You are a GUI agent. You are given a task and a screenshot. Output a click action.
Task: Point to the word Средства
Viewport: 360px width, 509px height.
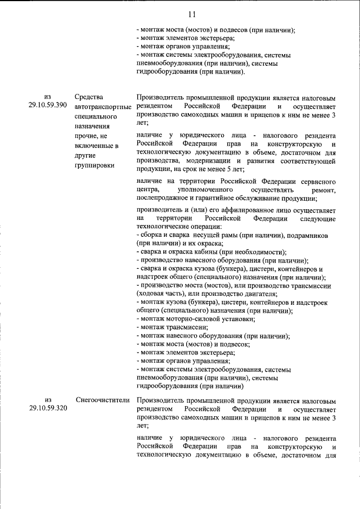(88, 97)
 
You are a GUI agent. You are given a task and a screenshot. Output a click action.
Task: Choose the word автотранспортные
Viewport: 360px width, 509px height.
(102, 106)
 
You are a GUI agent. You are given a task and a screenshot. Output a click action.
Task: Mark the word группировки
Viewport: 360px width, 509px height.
(93, 166)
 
